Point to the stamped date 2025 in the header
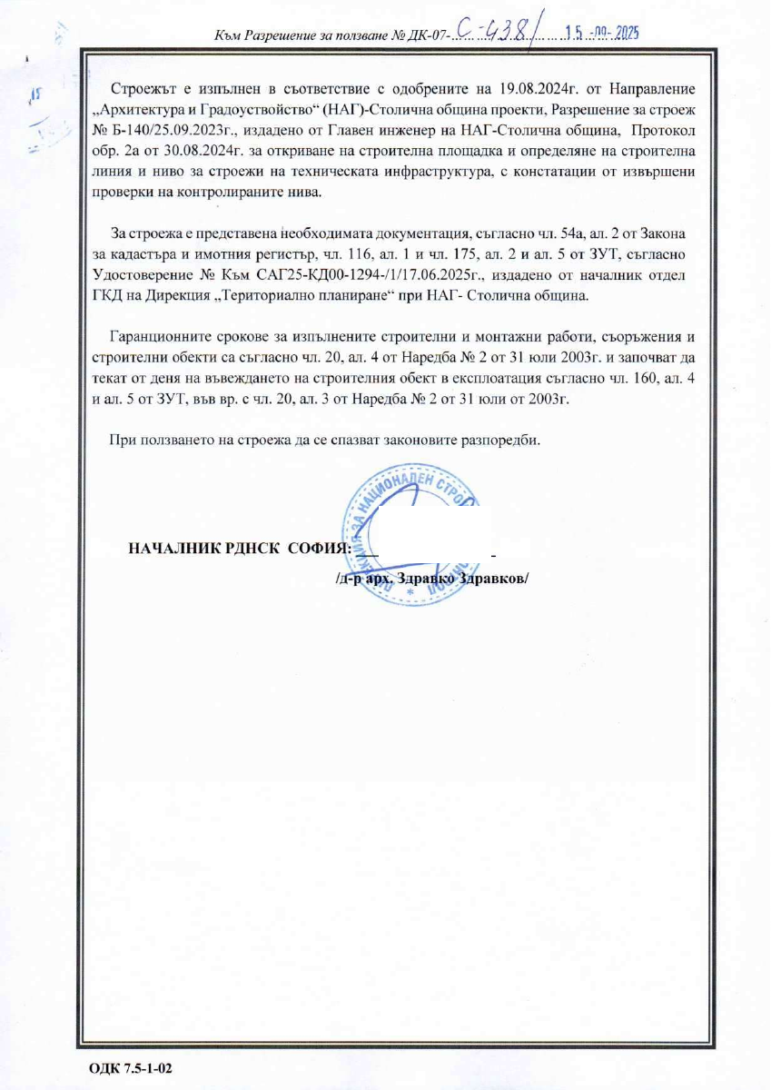(627, 34)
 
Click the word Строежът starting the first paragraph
(140, 90)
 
